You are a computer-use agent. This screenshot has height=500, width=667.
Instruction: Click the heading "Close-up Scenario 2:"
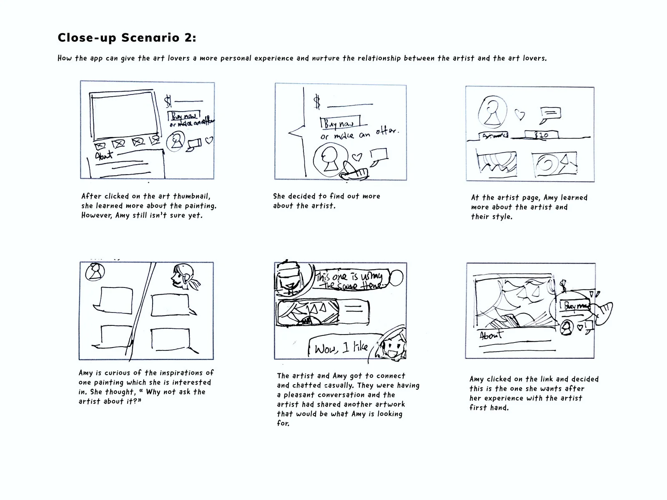127,38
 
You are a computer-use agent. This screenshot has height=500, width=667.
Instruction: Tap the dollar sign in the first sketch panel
168,101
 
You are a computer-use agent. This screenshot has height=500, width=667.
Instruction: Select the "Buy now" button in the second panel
339,123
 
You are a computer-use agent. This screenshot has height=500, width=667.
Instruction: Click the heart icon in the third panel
519,115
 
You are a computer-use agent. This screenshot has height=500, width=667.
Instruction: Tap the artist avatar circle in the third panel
493,112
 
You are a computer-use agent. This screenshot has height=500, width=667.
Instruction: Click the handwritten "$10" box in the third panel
542,135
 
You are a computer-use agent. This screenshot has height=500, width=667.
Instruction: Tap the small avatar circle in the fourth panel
95,272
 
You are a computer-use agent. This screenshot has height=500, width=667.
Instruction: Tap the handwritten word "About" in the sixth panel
491,335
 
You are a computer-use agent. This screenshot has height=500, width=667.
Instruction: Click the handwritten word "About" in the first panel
104,156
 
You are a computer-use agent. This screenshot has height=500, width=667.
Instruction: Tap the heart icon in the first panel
209,140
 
